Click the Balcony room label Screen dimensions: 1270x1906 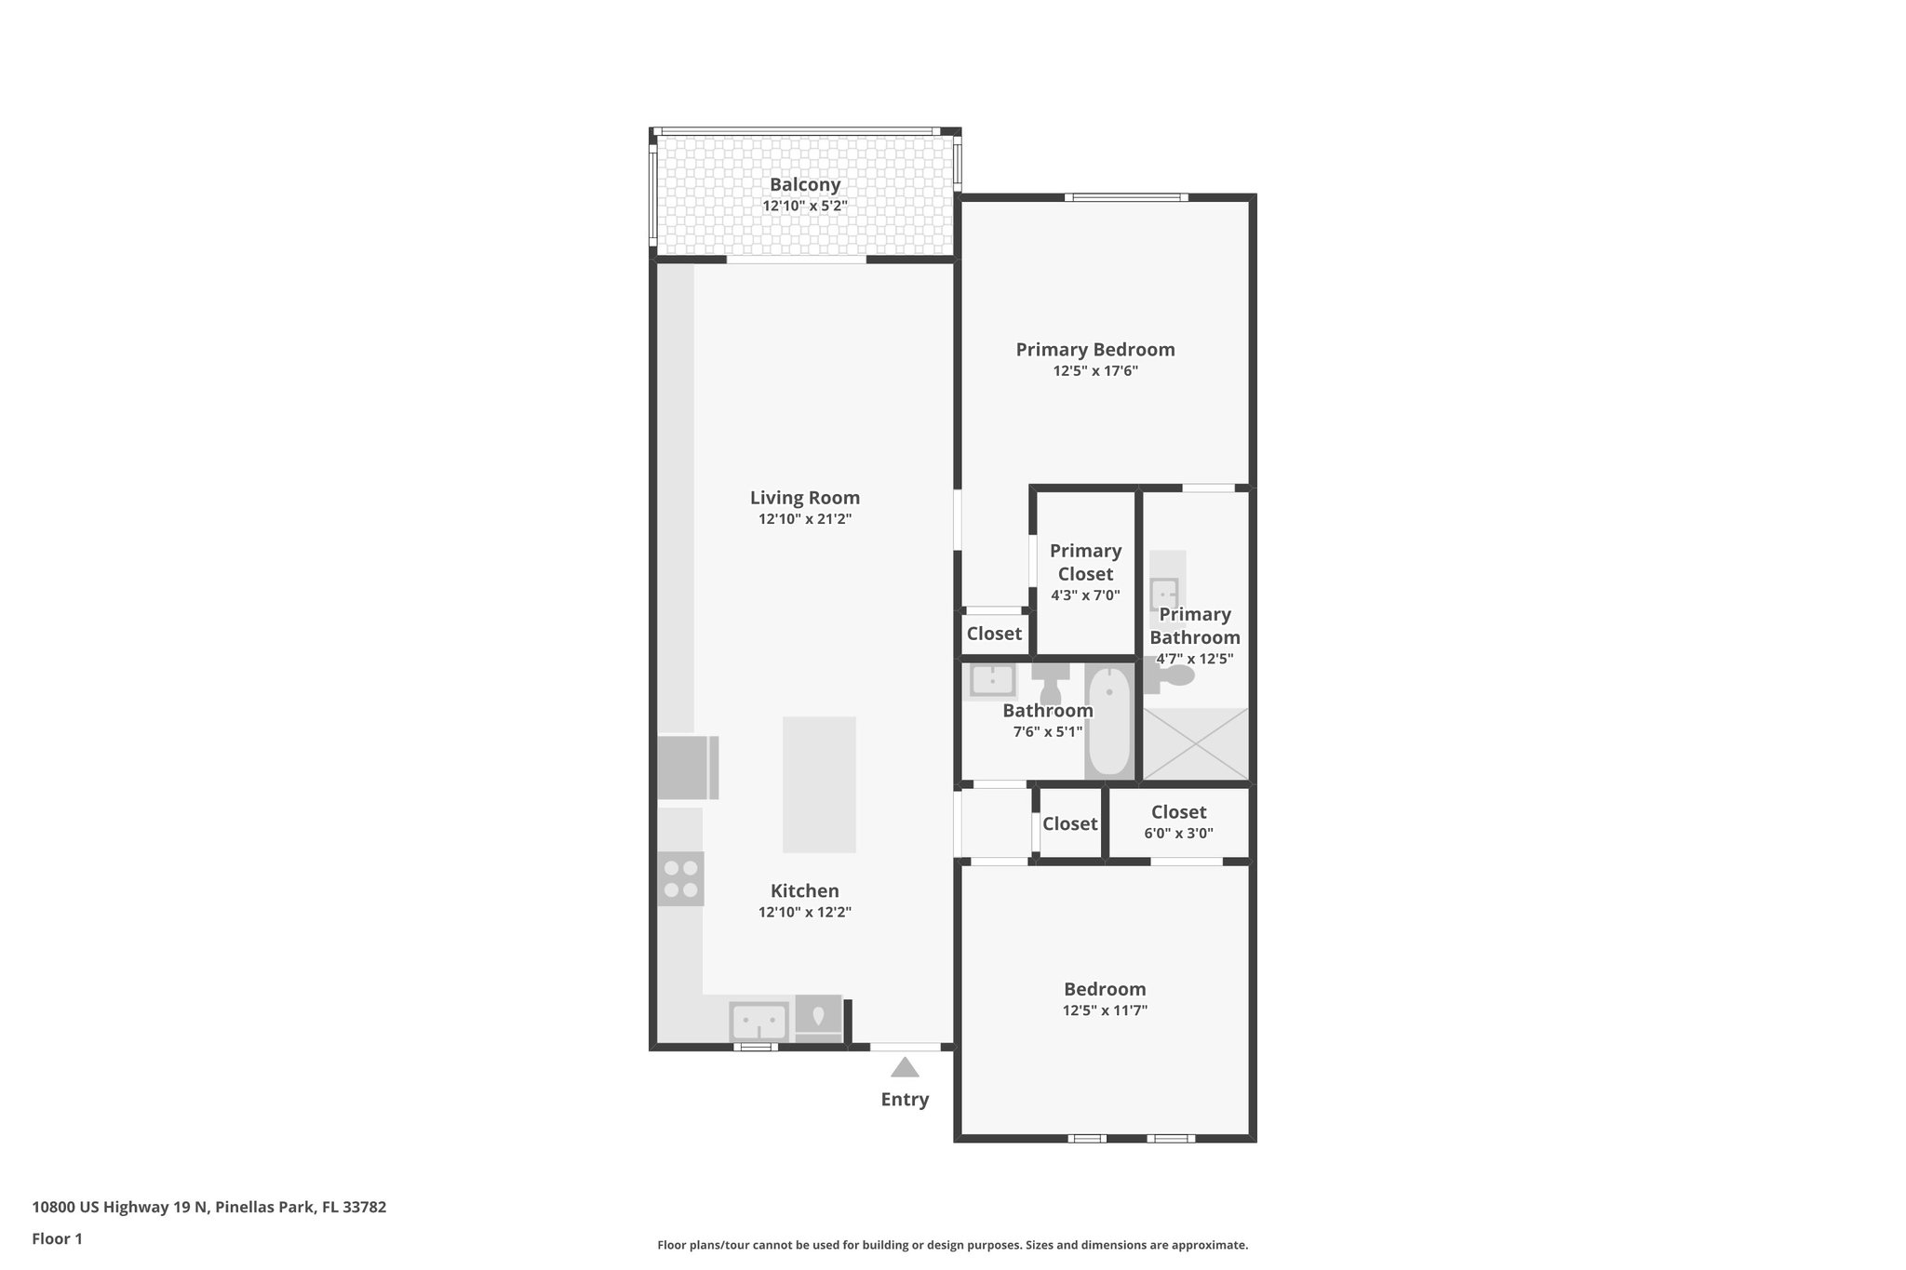[x=804, y=184]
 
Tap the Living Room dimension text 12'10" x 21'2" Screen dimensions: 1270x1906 [x=804, y=519]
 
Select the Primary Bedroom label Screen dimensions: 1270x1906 [x=1094, y=350]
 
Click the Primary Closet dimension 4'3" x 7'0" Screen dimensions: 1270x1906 [x=1085, y=595]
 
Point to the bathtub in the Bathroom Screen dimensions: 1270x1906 [x=1108, y=721]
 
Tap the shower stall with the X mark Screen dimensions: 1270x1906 [x=1195, y=743]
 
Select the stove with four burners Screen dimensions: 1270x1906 [x=680, y=878]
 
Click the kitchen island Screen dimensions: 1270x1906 [x=819, y=783]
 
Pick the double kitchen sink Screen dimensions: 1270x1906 [x=758, y=1022]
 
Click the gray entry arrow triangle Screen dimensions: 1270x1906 [x=904, y=1067]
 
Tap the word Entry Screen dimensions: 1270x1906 [x=905, y=1100]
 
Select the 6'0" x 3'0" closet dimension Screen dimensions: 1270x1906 [x=1178, y=834]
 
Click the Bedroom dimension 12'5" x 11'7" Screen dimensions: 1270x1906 [x=1105, y=1010]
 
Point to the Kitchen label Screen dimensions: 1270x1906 [x=804, y=890]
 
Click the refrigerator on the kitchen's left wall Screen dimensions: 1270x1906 [x=686, y=767]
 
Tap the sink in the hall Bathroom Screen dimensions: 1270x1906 [x=992, y=680]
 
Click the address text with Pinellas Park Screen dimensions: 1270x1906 [x=208, y=1208]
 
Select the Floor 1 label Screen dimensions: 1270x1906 [x=57, y=1238]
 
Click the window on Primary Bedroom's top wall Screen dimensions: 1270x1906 [x=1126, y=197]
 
